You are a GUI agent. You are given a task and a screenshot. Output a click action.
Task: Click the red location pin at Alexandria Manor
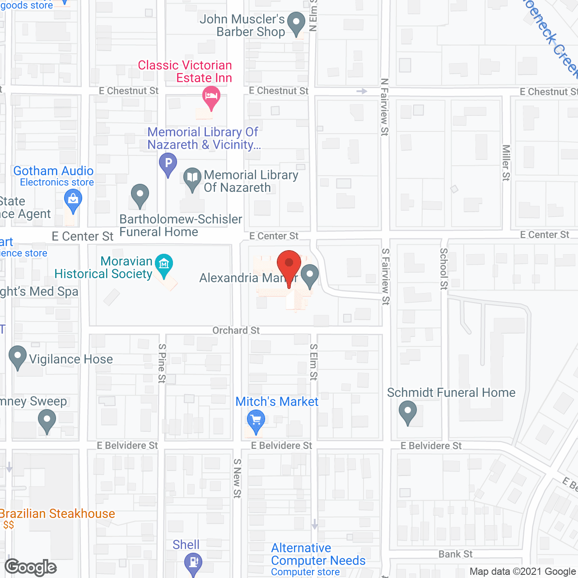(x=289, y=264)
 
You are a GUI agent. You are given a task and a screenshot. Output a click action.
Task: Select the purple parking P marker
(x=168, y=163)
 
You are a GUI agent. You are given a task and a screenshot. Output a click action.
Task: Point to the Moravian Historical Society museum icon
(x=163, y=264)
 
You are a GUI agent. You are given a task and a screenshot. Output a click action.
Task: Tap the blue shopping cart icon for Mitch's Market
(x=256, y=420)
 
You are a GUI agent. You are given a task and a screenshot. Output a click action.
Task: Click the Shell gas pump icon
(x=193, y=563)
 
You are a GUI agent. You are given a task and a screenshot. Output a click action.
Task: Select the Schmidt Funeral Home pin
(x=408, y=412)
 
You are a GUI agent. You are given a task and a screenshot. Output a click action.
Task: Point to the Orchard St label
(x=236, y=331)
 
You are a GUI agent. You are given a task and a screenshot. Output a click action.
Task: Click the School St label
(x=444, y=269)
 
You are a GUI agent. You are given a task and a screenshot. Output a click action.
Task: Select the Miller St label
(x=506, y=163)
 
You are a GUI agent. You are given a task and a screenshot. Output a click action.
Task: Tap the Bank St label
(x=455, y=554)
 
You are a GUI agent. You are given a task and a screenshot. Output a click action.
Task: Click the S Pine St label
(x=162, y=363)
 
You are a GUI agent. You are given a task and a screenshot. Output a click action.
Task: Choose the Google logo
(x=31, y=567)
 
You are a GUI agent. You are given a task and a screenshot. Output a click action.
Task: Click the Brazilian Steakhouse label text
(x=57, y=514)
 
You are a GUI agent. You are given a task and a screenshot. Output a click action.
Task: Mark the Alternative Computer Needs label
(x=318, y=555)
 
